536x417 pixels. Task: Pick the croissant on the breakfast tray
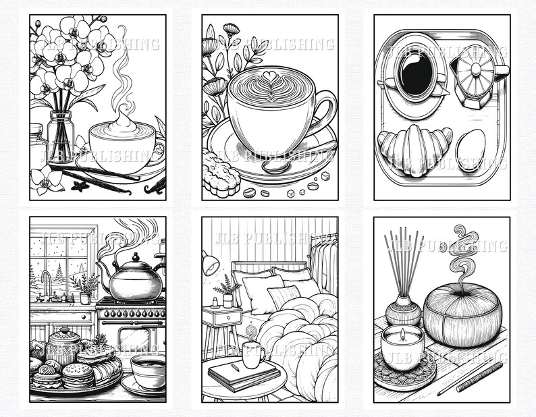414,150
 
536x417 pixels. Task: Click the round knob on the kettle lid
136,257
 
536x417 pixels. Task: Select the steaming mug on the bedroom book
253,356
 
